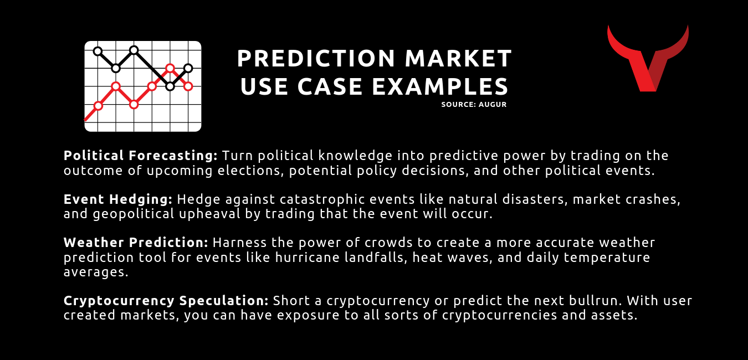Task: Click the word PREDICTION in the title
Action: [316, 58]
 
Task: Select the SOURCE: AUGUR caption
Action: [474, 105]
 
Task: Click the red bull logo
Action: [648, 58]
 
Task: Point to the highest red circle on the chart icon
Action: [170, 68]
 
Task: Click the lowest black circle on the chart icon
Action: [170, 87]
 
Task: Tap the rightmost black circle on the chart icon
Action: [188, 68]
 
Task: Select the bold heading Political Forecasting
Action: [141, 156]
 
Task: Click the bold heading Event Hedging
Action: [118, 199]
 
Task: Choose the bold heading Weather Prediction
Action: [136, 243]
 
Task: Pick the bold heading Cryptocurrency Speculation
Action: [166, 301]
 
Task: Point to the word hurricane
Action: [307, 257]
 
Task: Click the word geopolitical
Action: [134, 214]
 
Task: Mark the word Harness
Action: [239, 243]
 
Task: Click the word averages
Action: [96, 272]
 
